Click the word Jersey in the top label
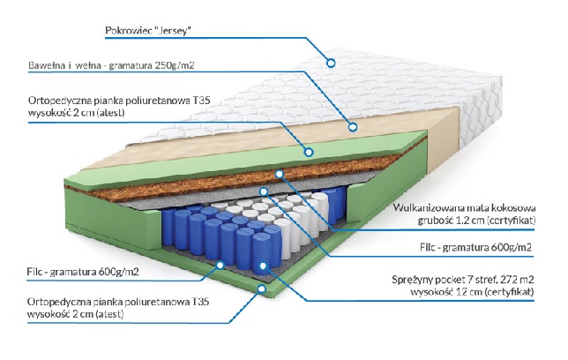click(x=172, y=31)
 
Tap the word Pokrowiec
click(x=125, y=31)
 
